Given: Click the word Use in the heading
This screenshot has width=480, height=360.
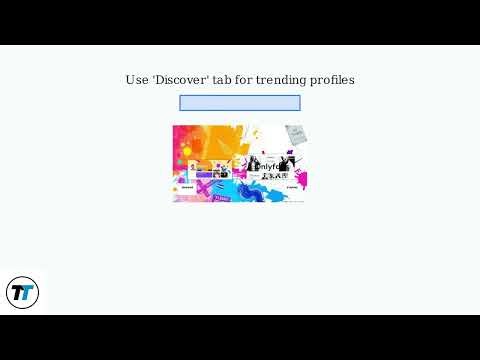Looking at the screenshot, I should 136,80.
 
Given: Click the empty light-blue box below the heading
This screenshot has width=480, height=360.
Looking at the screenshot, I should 240,103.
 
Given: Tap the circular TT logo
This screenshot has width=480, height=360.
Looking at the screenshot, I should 22,293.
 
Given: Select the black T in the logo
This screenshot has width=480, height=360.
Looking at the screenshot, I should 17,293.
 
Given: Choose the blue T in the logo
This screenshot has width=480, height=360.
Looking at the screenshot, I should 27,294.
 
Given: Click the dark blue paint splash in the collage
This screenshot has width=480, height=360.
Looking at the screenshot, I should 250,192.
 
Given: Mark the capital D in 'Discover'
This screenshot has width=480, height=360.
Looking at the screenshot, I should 160,80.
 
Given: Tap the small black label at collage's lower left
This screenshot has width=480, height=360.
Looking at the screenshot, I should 187,187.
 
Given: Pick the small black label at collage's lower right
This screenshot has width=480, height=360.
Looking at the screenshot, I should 291,187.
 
